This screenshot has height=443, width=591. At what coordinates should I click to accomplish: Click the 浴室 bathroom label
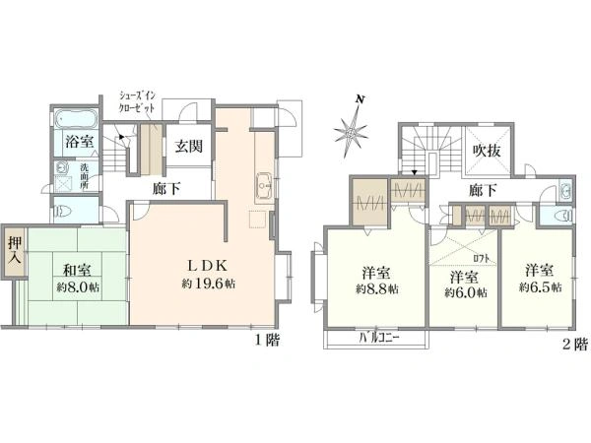(79, 142)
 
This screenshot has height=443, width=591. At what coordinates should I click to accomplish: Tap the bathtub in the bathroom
(76, 119)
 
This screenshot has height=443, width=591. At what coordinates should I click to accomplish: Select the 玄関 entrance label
(188, 146)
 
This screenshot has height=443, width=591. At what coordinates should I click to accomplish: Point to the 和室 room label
(77, 270)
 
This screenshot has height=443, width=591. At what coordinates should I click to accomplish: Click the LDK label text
(208, 266)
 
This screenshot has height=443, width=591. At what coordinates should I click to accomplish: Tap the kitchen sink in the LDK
(265, 185)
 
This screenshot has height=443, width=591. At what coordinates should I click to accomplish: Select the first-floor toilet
(64, 213)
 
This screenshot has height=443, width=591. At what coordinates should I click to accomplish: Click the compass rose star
(350, 133)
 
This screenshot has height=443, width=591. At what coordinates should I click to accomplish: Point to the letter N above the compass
(361, 99)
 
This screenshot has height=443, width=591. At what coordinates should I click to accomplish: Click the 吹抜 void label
(487, 151)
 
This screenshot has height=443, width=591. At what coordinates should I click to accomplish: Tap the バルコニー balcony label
(378, 339)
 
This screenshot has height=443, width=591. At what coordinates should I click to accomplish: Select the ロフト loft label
(482, 259)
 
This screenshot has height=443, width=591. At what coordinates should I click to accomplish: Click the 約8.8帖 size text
(377, 289)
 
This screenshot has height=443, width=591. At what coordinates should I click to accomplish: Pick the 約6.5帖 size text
(540, 287)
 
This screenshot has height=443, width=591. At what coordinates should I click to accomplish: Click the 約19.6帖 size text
(209, 284)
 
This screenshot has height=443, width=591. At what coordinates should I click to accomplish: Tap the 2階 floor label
(575, 345)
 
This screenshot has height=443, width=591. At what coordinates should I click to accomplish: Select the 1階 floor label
(267, 341)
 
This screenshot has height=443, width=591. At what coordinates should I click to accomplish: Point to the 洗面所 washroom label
(84, 176)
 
